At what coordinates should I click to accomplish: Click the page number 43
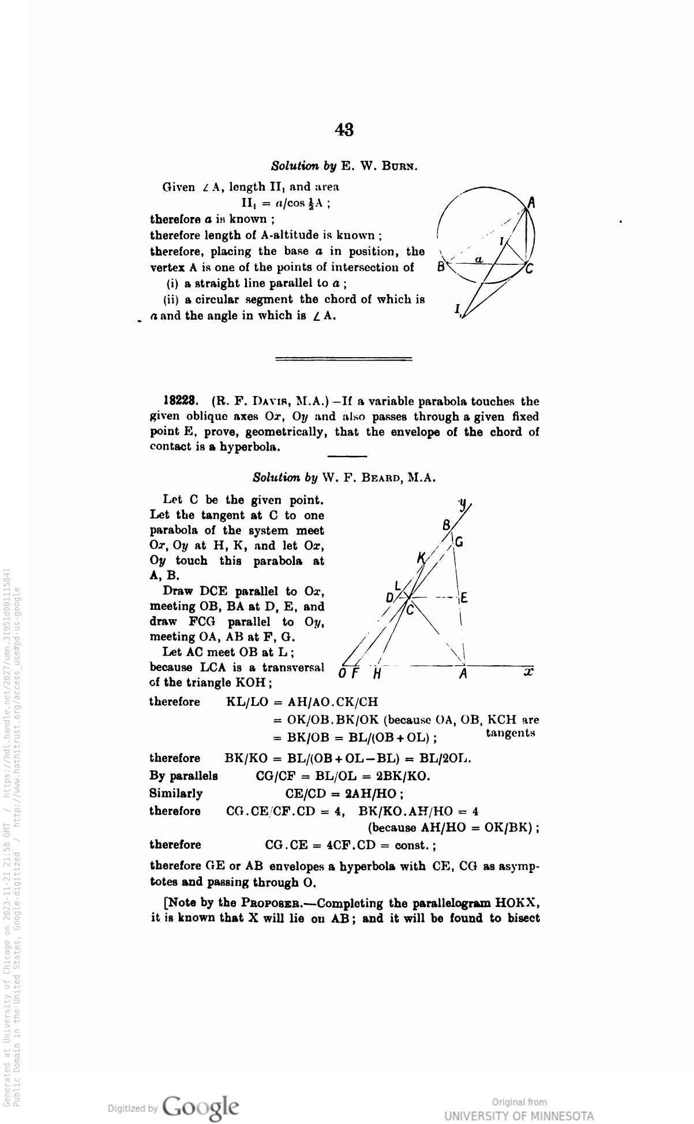(344, 130)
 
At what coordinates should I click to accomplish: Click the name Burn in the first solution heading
(400, 166)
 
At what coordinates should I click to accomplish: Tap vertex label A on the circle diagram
(532, 203)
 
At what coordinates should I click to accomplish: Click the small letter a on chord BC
(478, 260)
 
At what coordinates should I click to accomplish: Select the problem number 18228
(182, 401)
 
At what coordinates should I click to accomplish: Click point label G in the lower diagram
(459, 542)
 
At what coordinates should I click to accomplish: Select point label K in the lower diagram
(421, 557)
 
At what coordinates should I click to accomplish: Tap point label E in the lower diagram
(463, 598)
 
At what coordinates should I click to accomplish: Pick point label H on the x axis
(377, 675)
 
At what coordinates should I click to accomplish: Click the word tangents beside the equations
(511, 733)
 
